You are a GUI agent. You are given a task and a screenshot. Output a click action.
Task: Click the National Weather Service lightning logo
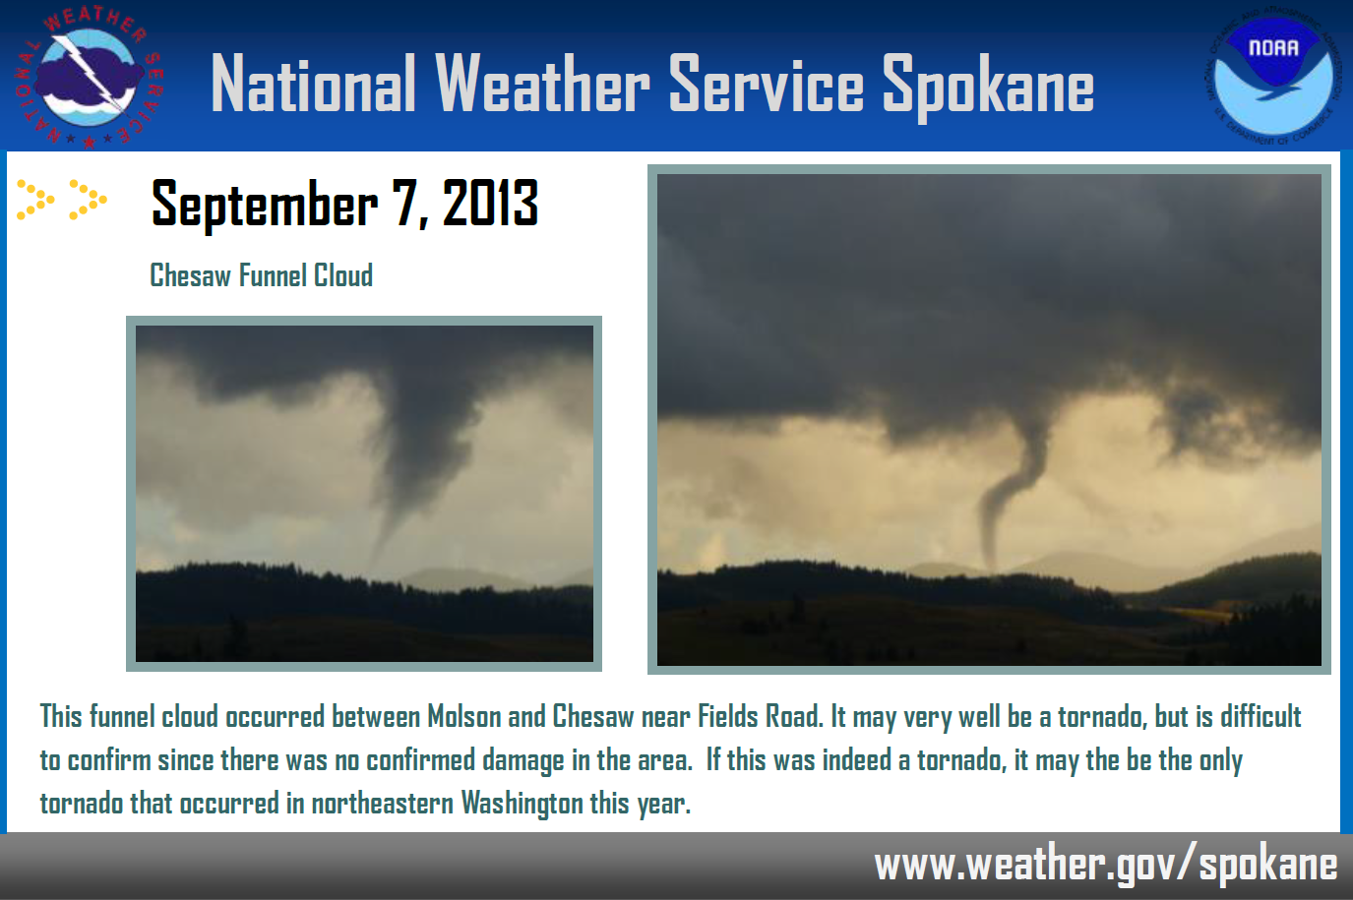[x=89, y=78]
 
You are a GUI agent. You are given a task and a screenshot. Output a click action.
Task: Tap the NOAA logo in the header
[x=1274, y=76]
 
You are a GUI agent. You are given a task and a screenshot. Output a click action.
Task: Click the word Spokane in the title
[x=988, y=86]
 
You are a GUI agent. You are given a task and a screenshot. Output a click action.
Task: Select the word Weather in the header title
[x=542, y=83]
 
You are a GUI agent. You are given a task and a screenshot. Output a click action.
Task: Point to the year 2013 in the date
[x=490, y=203]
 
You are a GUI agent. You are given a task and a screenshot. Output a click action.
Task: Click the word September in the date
[x=265, y=206]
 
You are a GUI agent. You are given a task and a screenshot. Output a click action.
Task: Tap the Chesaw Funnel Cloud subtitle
[x=261, y=275]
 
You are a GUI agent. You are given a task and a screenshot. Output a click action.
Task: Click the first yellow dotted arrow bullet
[x=35, y=200]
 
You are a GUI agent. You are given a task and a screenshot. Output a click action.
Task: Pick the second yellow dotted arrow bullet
[x=89, y=200]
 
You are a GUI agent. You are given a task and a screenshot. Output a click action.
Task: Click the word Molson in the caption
[x=463, y=716]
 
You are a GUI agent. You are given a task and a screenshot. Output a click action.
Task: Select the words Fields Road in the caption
[x=761, y=716]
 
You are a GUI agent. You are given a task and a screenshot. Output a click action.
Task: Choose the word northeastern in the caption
[x=383, y=804]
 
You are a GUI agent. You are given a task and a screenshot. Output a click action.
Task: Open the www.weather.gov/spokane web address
[x=1105, y=865]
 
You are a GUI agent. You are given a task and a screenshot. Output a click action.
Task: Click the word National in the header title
[x=314, y=83]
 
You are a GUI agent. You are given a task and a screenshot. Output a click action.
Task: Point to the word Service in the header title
[x=766, y=83]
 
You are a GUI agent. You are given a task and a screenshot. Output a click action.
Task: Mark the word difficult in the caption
[x=1261, y=716]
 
